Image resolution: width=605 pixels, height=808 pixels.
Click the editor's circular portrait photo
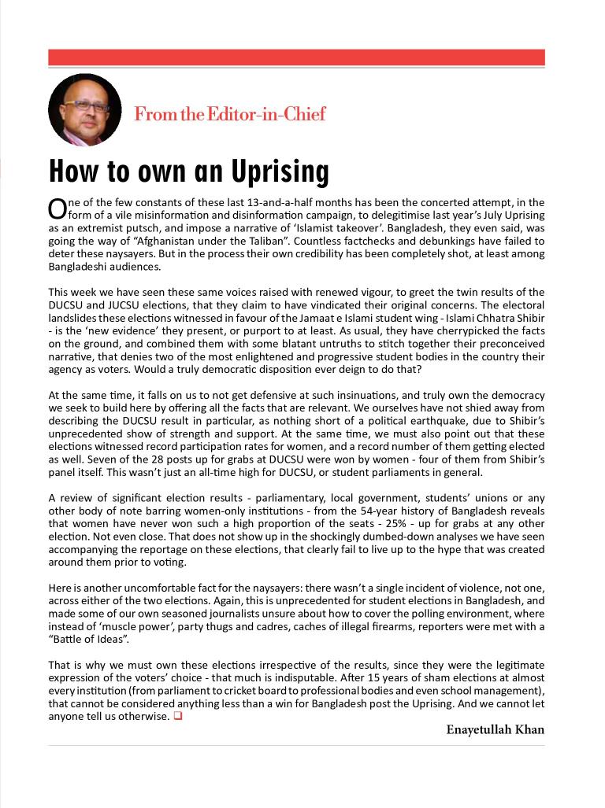tap(85, 110)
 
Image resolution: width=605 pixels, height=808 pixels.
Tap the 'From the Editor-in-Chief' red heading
tap(229, 114)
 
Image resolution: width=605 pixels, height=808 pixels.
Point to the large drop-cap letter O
tap(58, 208)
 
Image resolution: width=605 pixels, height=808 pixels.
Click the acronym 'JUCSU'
tap(138, 305)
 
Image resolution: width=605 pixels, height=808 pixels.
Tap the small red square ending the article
tap(177, 716)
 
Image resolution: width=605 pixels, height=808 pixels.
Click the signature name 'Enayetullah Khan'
tap(495, 729)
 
